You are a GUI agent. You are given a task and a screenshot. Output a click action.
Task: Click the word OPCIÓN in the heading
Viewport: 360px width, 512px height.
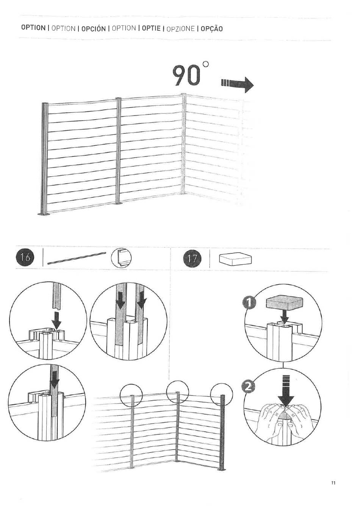point(94,29)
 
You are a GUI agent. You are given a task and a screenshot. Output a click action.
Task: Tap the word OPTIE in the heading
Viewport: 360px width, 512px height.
point(151,28)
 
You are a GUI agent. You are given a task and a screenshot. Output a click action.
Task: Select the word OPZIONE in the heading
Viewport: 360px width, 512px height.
point(181,29)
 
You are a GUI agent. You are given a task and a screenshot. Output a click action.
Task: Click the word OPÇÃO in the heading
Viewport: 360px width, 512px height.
point(211,29)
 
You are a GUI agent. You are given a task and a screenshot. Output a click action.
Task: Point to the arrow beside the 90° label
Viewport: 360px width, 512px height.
point(237,85)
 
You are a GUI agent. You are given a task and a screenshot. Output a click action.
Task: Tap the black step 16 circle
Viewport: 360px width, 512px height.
point(25,258)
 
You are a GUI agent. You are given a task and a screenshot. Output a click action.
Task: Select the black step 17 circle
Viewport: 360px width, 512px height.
point(192,259)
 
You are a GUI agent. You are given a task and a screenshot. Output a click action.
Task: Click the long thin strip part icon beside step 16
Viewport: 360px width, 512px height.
point(77,258)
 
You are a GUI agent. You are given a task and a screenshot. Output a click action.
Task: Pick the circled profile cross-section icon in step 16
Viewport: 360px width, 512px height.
point(121,258)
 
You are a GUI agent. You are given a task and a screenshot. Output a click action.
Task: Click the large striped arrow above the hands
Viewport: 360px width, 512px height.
point(286,390)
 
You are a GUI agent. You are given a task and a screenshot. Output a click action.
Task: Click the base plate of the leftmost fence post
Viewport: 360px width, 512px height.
point(44,214)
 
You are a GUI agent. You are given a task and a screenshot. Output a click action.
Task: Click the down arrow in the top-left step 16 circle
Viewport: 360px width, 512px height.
point(56,322)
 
